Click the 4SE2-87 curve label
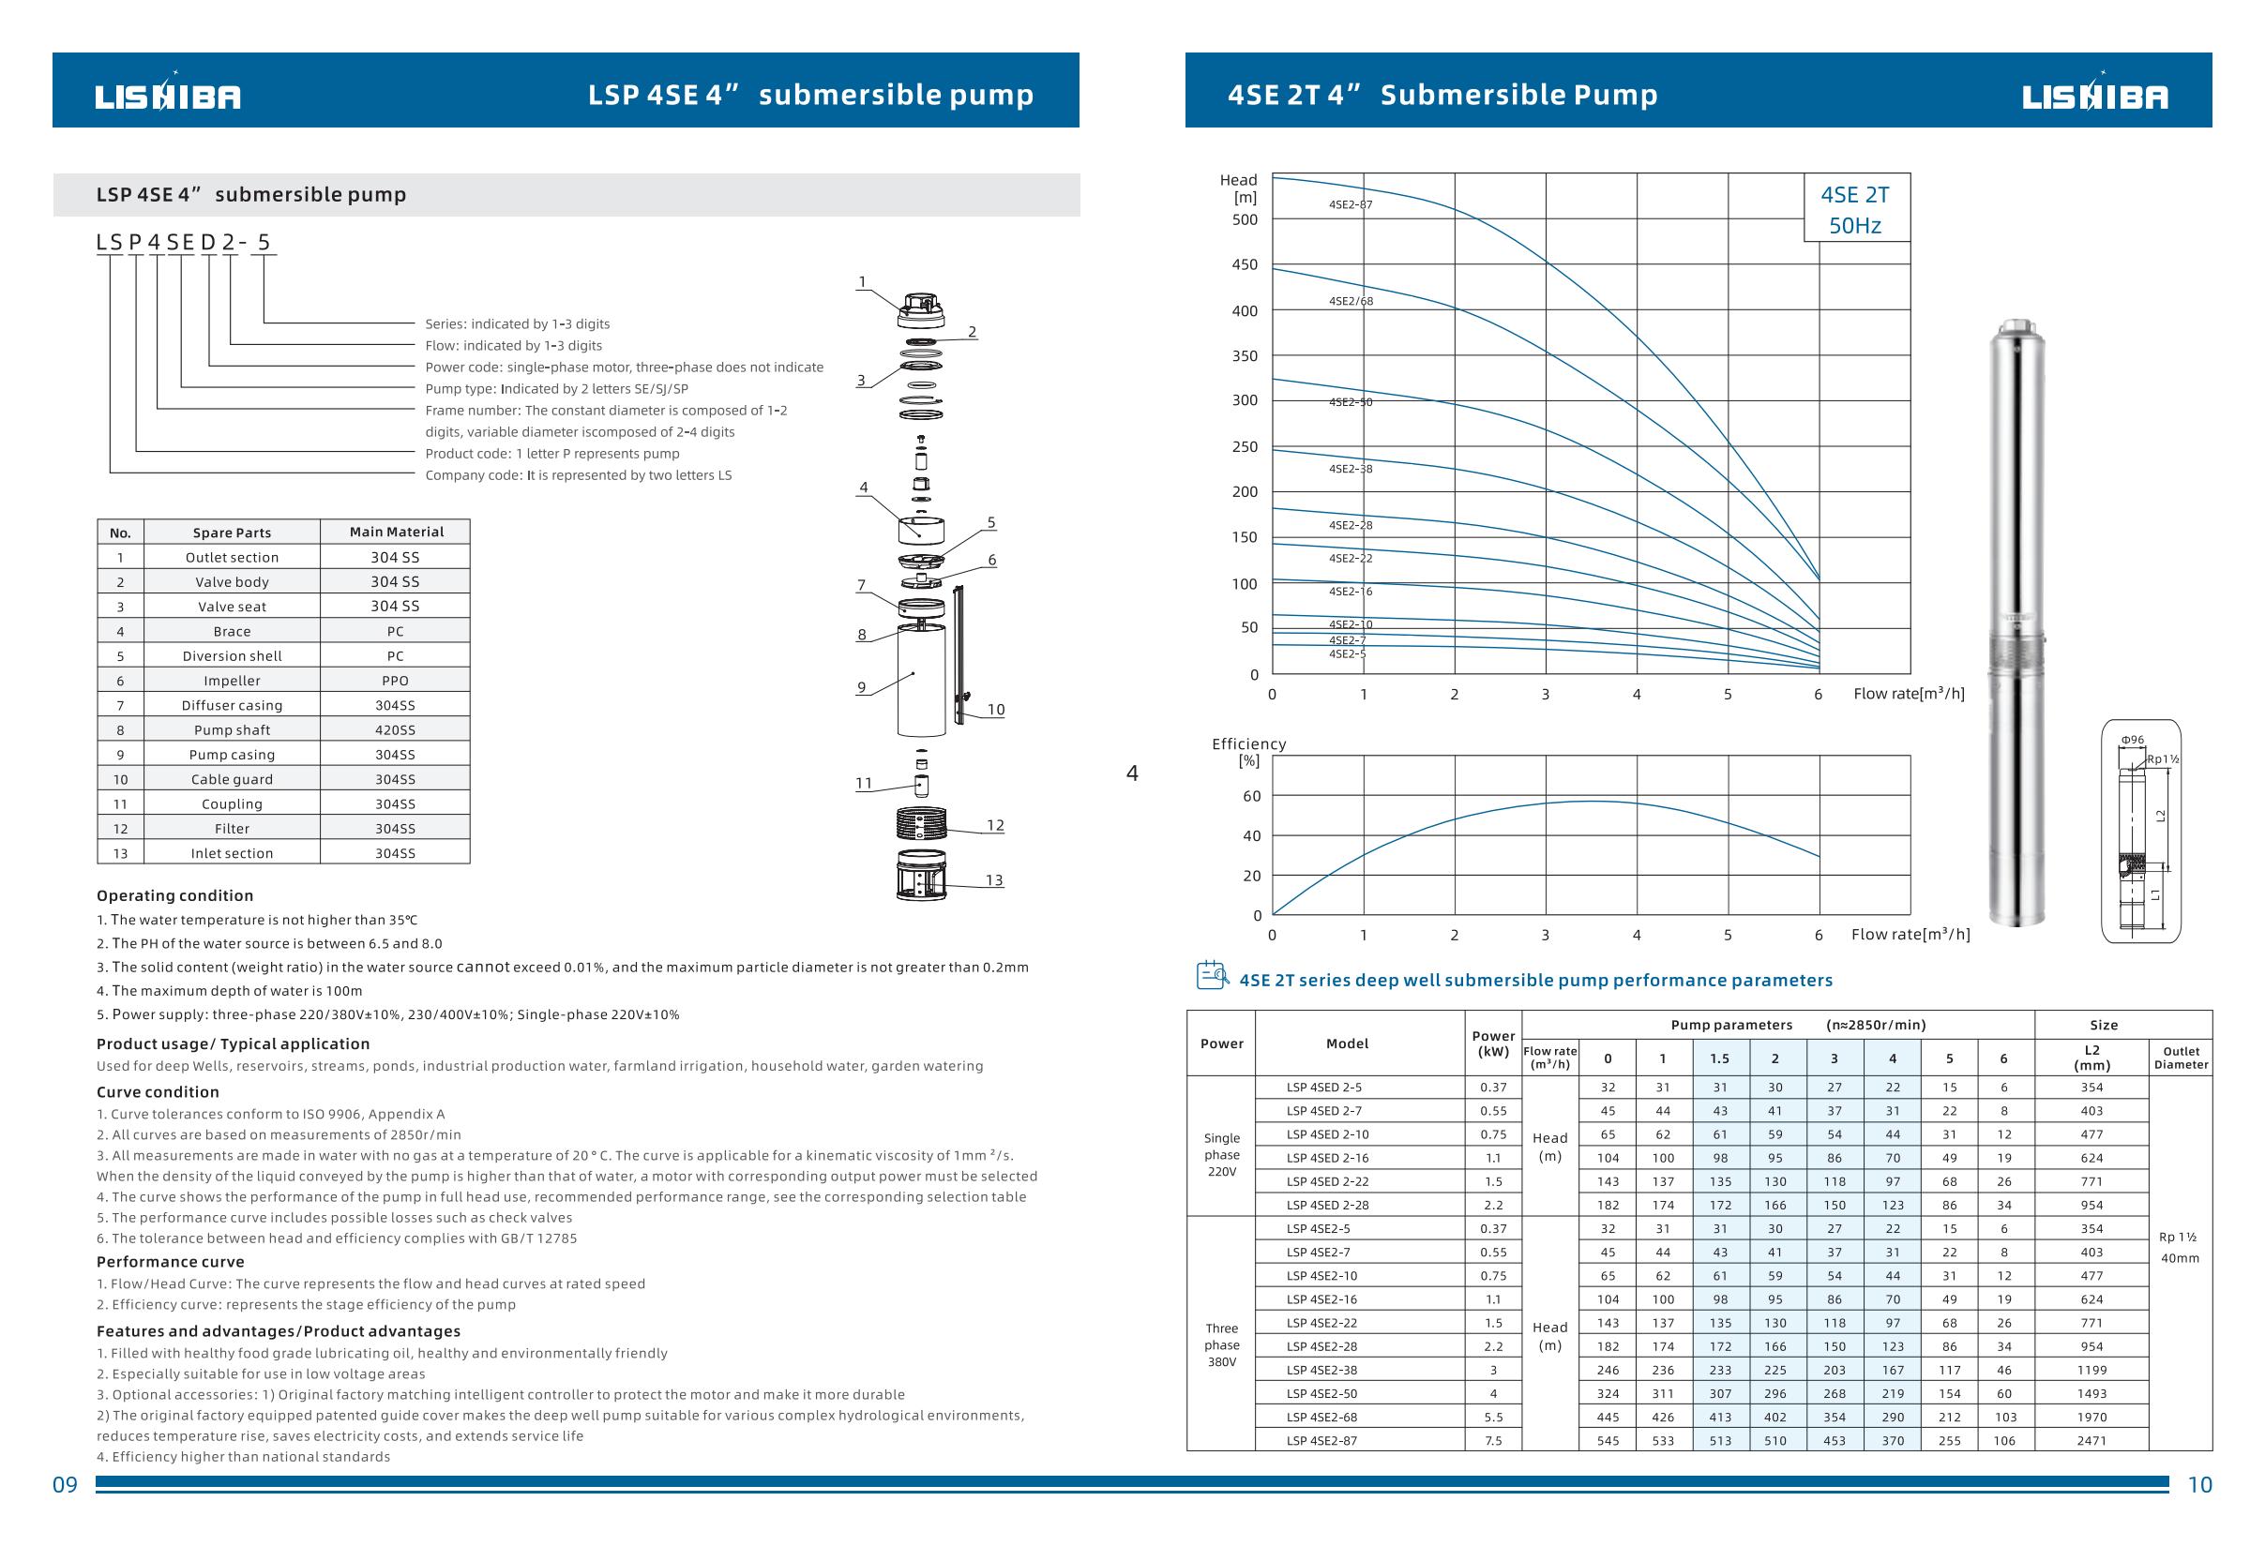pos(1350,204)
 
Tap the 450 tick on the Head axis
pos(1245,265)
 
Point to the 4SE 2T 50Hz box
pos(1855,209)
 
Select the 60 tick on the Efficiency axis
pos(1251,796)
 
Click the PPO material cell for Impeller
pos(395,681)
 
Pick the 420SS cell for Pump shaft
pos(395,729)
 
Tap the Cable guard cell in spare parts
pos(232,779)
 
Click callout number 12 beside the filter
pos(994,825)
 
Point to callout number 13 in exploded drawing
pos(993,879)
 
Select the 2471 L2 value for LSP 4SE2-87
pos(2091,1440)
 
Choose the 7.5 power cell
pos(1493,1440)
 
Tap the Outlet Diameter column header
pos(2182,1058)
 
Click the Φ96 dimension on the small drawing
pos(2133,740)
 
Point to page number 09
pos(65,1485)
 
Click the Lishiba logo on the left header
pos(168,96)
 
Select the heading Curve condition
pos(158,1092)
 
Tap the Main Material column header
pos(396,532)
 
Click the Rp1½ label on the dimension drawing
pos(2163,758)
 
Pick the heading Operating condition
pos(174,895)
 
